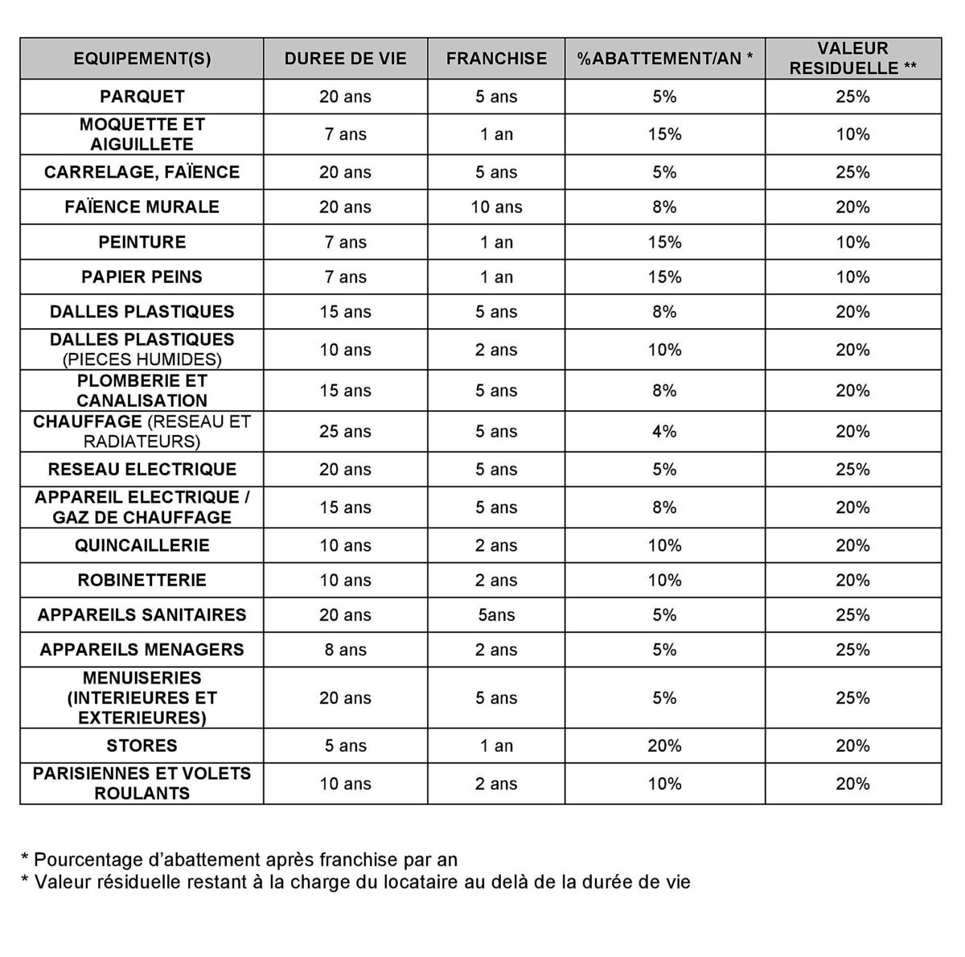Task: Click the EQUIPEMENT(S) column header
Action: coord(142,59)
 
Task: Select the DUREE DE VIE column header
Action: coord(345,59)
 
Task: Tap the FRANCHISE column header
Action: coord(496,59)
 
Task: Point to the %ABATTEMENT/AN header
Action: coord(664,59)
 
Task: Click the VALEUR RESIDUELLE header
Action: coord(852,59)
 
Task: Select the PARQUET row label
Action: coord(142,97)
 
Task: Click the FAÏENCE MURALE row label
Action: coord(142,207)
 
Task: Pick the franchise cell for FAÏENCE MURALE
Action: coord(496,207)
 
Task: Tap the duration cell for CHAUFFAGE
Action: coord(345,431)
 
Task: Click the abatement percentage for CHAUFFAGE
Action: coord(664,431)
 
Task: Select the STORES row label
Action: coord(142,745)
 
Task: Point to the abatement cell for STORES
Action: coord(664,745)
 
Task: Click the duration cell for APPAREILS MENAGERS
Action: coord(345,650)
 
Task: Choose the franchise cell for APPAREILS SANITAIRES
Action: coord(496,615)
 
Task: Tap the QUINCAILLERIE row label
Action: coord(142,545)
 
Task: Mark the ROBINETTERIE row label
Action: coord(142,580)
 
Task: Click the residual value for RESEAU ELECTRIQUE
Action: coord(852,470)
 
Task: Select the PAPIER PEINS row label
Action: coord(142,277)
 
